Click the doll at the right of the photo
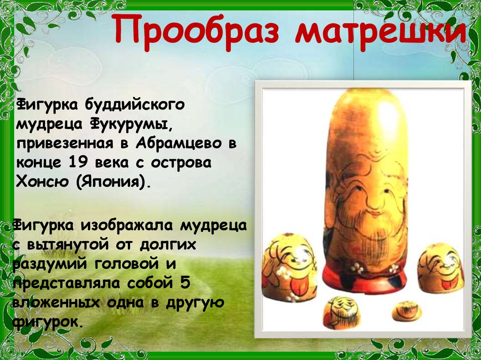pyautogui.click(x=441, y=268)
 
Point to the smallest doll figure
pyautogui.click(x=407, y=311)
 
